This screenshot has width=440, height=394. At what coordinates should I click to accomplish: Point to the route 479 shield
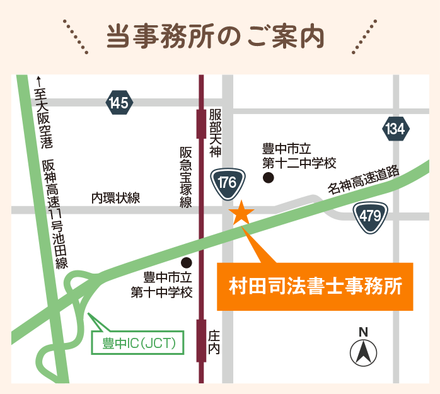tap(370, 216)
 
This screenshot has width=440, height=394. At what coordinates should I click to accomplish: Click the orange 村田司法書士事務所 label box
tap(315, 287)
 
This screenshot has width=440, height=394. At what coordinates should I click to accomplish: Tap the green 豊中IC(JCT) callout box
tap(142, 344)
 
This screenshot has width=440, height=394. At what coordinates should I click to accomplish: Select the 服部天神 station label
tap(216, 132)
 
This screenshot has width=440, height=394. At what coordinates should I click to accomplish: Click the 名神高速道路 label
tap(364, 180)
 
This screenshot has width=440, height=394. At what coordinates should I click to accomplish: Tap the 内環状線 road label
tap(116, 198)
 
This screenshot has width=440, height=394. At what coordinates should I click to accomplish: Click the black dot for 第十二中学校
tap(269, 179)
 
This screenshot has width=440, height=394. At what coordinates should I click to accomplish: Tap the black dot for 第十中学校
tap(186, 262)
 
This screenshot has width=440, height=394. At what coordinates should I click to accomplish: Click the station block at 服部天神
tap(201, 124)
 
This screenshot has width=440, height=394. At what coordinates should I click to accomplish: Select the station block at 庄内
tap(201, 340)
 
